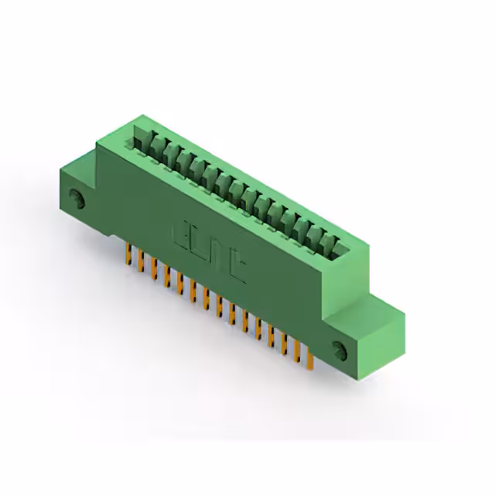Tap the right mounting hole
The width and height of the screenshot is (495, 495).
341,349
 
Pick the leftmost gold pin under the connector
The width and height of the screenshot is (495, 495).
128,254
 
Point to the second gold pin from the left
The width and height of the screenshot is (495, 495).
140,262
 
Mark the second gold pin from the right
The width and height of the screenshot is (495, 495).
298,353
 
